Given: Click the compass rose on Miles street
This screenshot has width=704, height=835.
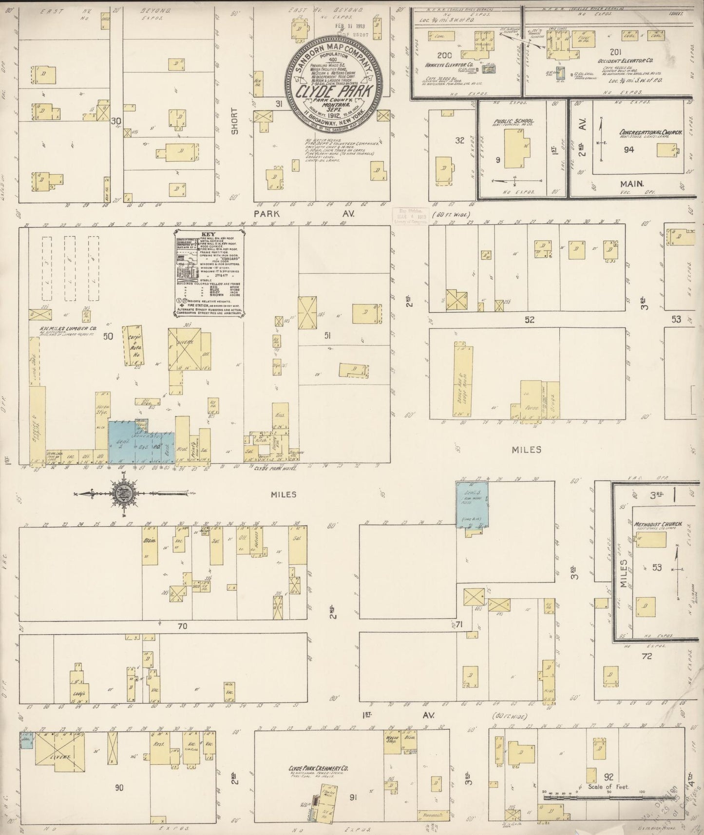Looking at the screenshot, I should click(x=125, y=493).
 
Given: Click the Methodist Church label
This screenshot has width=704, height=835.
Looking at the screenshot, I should click(x=657, y=525).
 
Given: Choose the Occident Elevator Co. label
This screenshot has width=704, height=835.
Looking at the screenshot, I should click(x=631, y=61).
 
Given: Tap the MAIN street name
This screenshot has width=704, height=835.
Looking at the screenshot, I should click(x=632, y=184).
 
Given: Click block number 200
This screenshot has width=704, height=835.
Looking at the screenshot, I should click(x=444, y=55).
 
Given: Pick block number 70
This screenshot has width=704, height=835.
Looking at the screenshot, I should click(x=183, y=625).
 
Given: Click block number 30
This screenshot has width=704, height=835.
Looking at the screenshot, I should click(x=115, y=120).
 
